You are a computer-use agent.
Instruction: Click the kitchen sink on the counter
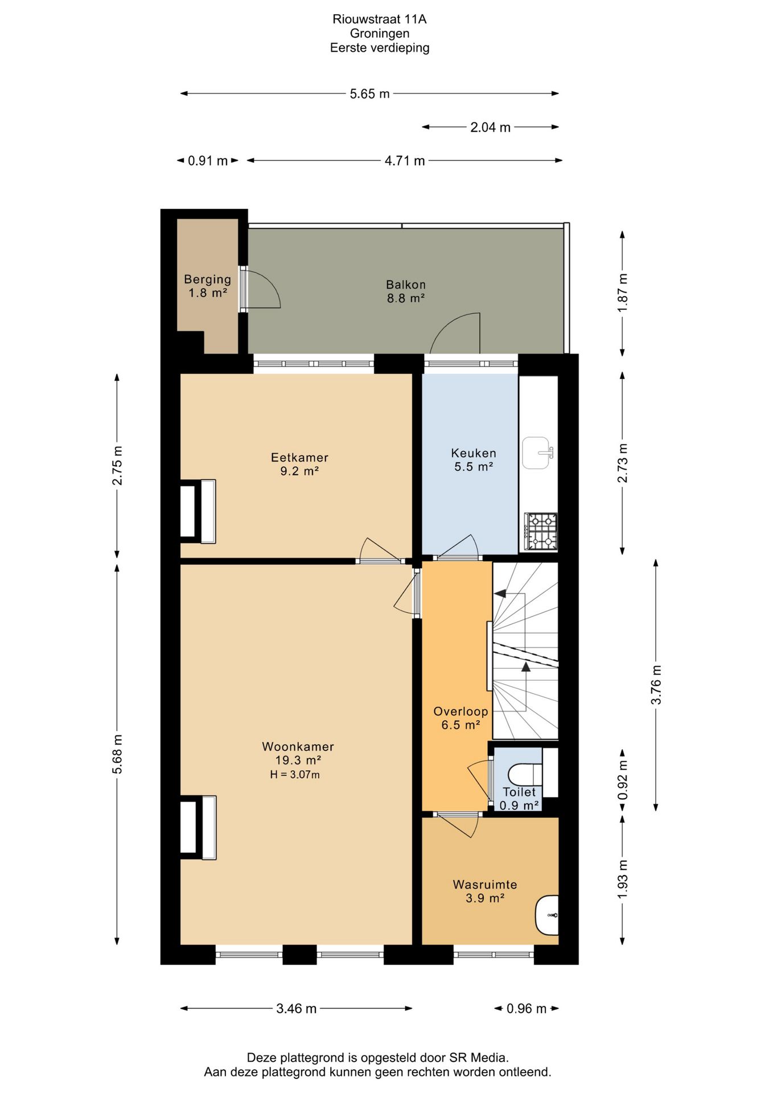[x=536, y=453]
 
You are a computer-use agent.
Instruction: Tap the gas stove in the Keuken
[x=540, y=532]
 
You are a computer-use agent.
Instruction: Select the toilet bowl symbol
[x=524, y=774]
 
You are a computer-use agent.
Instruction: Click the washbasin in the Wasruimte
[x=547, y=915]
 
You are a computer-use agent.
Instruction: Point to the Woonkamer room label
[x=298, y=746]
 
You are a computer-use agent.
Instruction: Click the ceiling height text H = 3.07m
[x=295, y=775]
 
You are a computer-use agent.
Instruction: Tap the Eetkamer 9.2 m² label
[x=299, y=464]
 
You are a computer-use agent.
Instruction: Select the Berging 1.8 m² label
[x=207, y=286]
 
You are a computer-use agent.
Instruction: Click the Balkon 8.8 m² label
[x=406, y=291]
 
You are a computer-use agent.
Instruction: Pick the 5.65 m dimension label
[x=369, y=94]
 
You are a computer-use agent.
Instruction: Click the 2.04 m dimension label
[x=490, y=128]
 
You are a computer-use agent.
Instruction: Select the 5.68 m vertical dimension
[x=117, y=754]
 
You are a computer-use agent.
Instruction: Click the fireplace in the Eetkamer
[x=198, y=511]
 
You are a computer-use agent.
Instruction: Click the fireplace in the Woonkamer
[x=198, y=827]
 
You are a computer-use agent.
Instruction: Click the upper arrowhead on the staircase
[x=500, y=594]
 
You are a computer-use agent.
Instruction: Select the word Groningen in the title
[x=379, y=34]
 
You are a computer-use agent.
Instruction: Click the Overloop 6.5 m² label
[x=460, y=718]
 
